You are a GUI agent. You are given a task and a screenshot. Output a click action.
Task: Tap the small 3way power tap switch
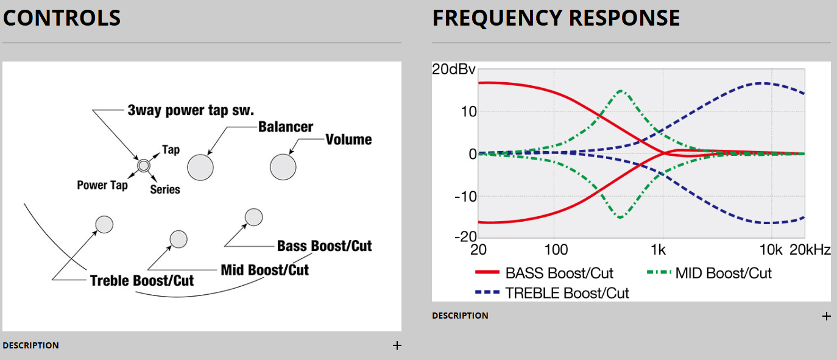[x=144, y=165]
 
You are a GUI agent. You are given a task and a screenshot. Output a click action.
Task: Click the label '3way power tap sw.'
[x=191, y=110]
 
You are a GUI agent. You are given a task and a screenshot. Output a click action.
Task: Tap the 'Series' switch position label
[x=165, y=189]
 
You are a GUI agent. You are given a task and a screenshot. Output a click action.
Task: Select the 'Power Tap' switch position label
[x=102, y=185]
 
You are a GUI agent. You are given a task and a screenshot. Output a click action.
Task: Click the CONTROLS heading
[x=62, y=18]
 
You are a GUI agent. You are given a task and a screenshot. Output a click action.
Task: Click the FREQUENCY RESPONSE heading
[x=556, y=18]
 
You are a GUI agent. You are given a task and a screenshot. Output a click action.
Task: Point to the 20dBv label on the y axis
[x=454, y=69]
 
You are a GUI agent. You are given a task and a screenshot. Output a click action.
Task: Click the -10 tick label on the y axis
[x=465, y=197]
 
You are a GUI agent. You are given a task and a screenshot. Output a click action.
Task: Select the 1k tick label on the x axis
[x=658, y=250]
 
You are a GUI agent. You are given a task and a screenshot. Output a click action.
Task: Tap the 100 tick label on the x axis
[x=556, y=250]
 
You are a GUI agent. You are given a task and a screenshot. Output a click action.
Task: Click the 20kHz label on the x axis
[x=810, y=250]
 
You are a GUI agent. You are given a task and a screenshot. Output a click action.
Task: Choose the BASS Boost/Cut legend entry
[x=544, y=274]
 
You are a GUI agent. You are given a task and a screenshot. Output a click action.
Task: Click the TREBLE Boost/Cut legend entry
[x=552, y=293]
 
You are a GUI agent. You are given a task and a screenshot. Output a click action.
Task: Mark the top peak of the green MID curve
[x=621, y=91]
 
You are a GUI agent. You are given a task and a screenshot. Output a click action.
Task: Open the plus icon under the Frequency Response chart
[x=826, y=316]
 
